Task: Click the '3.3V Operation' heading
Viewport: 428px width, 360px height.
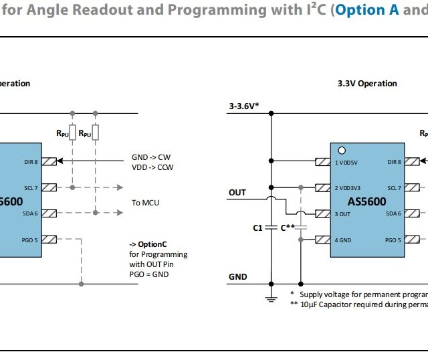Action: pyautogui.click(x=367, y=84)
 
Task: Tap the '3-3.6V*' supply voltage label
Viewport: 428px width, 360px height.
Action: pyautogui.click(x=244, y=106)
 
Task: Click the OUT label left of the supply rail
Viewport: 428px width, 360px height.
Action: pyautogui.click(x=237, y=193)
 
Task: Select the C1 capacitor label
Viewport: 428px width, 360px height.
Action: pyautogui.click(x=257, y=228)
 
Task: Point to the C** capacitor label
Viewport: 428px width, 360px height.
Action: pyautogui.click(x=288, y=228)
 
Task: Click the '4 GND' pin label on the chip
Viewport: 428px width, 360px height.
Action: pyautogui.click(x=344, y=240)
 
